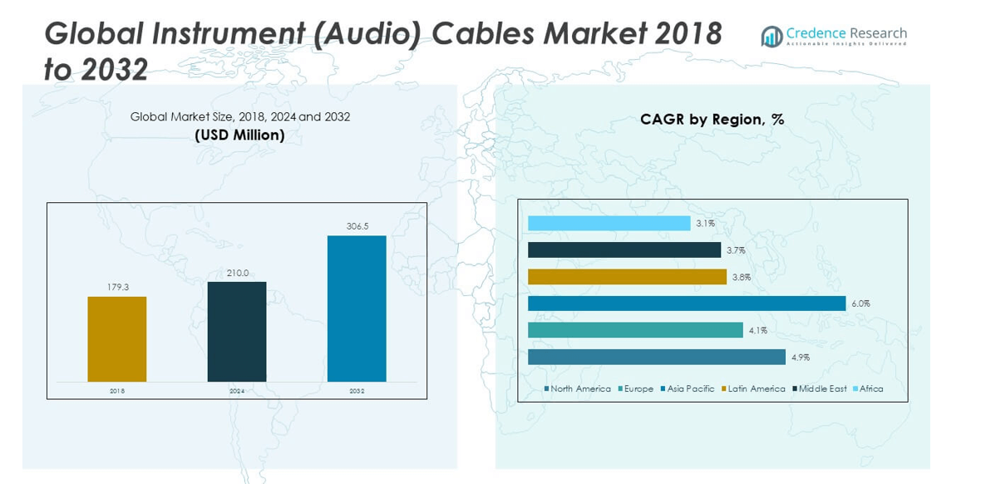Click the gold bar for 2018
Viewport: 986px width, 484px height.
117,338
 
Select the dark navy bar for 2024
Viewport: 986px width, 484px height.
237,331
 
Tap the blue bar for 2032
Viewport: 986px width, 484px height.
357,309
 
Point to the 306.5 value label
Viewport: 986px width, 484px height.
357,226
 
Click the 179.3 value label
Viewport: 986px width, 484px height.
117,287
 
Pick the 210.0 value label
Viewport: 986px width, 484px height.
237,273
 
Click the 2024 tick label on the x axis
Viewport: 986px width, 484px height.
237,390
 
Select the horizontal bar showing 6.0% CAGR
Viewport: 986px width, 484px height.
686,304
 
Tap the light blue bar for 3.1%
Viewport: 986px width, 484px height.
609,223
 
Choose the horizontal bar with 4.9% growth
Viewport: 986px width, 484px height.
656,357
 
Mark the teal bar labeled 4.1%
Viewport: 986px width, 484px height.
635,330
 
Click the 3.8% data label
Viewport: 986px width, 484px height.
742,277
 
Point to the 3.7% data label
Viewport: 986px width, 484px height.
736,250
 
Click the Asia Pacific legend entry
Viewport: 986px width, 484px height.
690,388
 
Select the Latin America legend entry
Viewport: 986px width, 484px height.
756,388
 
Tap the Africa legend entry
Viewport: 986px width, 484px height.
870,388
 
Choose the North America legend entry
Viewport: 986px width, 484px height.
579,388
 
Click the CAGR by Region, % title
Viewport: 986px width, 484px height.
712,119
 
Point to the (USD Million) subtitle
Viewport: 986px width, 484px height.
239,135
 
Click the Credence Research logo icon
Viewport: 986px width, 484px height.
772,36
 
